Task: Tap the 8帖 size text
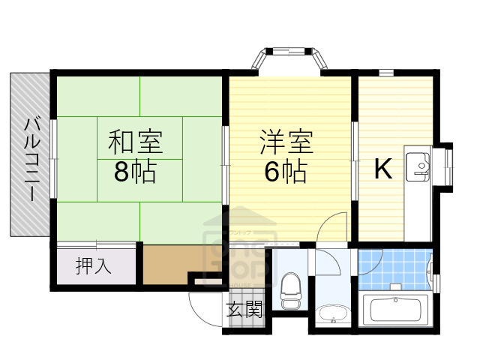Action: tap(136, 172)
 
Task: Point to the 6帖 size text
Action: tap(286, 172)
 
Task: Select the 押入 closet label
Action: tap(94, 265)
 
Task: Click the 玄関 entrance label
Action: tap(245, 309)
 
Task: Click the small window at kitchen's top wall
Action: tap(385, 73)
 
